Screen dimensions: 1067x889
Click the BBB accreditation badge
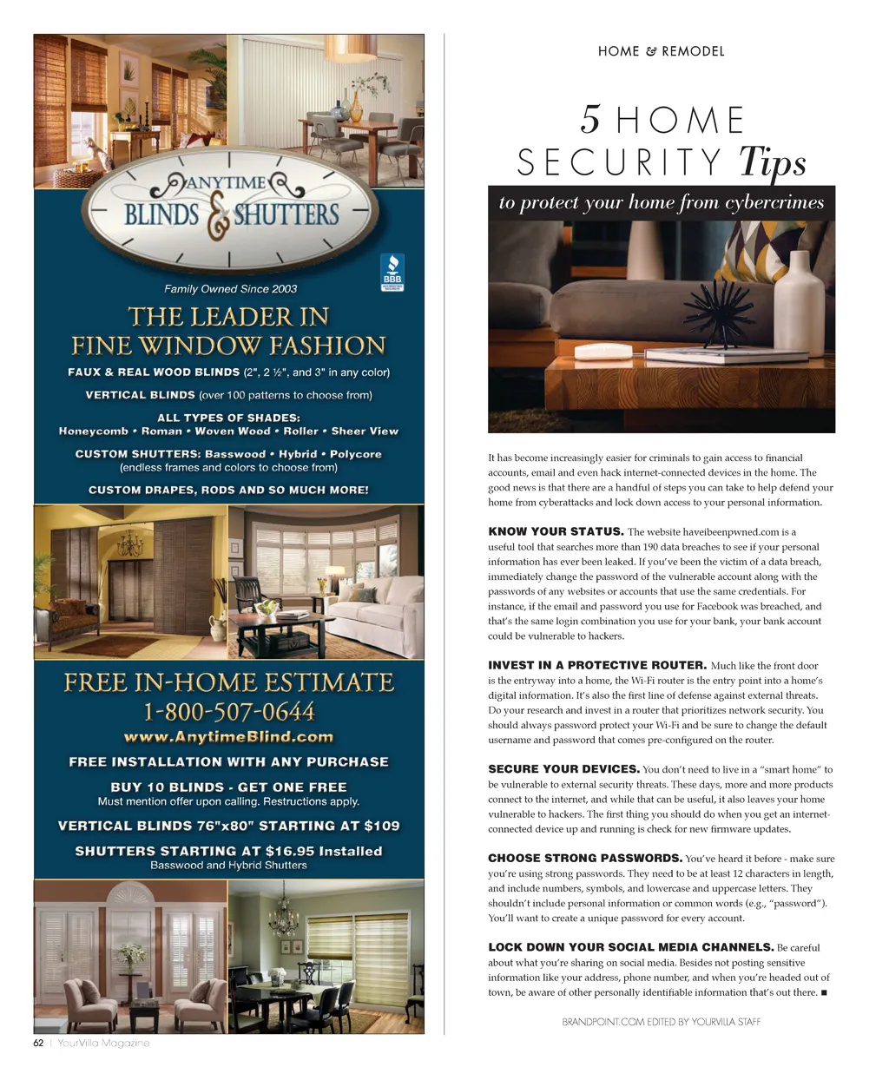pos(392,272)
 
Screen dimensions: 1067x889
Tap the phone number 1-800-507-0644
pos(228,712)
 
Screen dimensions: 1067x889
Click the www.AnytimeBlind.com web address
pos(228,737)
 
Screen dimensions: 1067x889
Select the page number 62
pos(38,1043)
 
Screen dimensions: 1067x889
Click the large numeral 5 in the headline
pos(590,120)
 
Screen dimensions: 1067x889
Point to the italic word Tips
pos(772,161)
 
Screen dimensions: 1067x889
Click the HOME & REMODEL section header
pos(661,51)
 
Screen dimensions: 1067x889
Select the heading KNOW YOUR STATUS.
pos(556,531)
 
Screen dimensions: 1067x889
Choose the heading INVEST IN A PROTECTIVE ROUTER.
pos(597,665)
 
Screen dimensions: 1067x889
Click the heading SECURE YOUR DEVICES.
pos(563,769)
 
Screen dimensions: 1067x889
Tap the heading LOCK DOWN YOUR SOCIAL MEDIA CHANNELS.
pos(630,947)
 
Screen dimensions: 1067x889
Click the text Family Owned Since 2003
pos(230,289)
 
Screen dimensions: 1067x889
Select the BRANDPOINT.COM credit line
pos(661,1022)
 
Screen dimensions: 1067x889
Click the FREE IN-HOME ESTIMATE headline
pos(228,682)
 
